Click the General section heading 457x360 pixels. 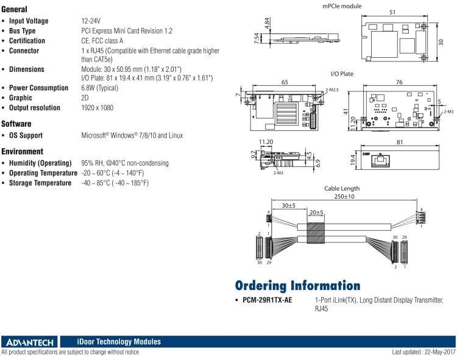point(19,10)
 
